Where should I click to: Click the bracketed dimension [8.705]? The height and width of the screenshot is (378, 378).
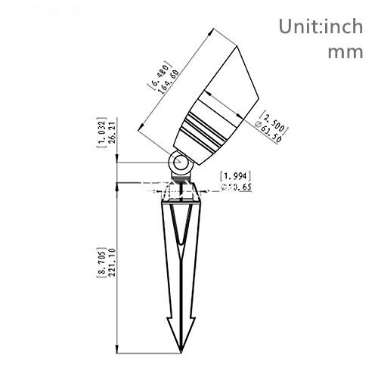coord(103,258)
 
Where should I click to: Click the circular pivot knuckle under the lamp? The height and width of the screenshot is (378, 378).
coord(180,163)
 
